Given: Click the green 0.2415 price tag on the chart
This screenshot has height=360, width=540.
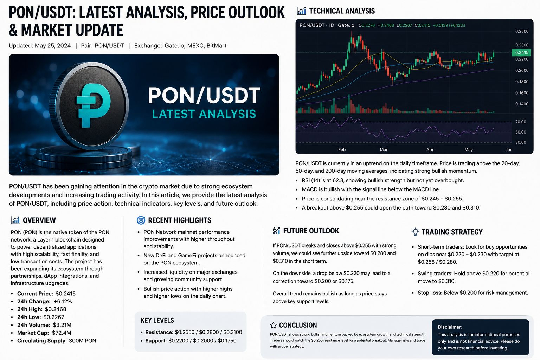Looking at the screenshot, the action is [x=521, y=53].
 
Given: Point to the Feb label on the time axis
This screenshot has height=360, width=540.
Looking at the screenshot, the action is [x=342, y=150].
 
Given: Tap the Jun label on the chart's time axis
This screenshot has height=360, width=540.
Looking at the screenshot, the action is [x=508, y=150].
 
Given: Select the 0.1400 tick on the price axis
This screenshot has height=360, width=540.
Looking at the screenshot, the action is [x=522, y=104].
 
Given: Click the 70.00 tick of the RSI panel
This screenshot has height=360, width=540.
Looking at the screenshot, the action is [x=521, y=122].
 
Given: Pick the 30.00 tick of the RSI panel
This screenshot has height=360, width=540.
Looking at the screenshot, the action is [x=521, y=142].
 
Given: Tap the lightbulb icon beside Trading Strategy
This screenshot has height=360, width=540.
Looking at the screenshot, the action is [x=415, y=232].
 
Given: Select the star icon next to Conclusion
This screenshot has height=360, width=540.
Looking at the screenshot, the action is [x=273, y=325].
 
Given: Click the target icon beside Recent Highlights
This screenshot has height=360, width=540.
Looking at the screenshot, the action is [x=141, y=220].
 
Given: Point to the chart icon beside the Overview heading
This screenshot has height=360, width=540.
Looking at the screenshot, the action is [x=15, y=220].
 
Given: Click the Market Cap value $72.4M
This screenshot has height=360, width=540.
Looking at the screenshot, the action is [x=62, y=333].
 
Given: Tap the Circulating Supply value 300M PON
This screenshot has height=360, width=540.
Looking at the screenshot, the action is [x=83, y=341].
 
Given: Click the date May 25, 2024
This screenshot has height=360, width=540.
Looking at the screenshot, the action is [x=53, y=46].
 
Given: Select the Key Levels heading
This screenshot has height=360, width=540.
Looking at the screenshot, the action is [x=157, y=320].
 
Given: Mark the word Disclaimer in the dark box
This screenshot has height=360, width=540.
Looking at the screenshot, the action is [x=450, y=327].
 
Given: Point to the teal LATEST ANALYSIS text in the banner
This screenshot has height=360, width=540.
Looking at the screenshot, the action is [x=204, y=114].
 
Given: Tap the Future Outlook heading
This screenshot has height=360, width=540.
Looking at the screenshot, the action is [x=311, y=231].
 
